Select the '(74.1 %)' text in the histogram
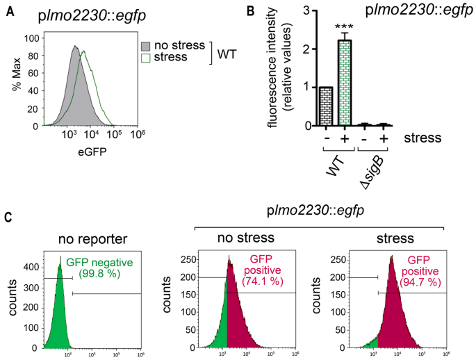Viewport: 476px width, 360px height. point(259,284)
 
